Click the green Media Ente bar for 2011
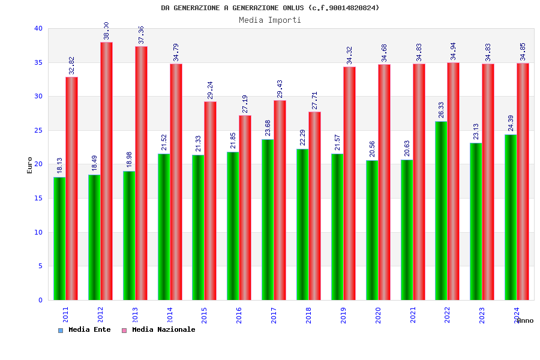[x=59, y=238]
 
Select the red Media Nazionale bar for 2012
[x=106, y=171]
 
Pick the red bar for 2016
[x=245, y=208]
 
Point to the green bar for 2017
[x=268, y=220]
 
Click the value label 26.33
[x=442, y=110]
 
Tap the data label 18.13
[x=60, y=166]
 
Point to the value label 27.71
[x=314, y=100]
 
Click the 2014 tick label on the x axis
[x=170, y=315]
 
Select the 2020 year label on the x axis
[x=378, y=315]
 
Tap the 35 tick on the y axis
[x=38, y=62]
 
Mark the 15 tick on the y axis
[x=38, y=198]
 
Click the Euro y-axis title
[x=30, y=165]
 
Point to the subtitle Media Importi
[x=270, y=20]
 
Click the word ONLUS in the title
[x=293, y=8]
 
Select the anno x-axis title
[x=525, y=320]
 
